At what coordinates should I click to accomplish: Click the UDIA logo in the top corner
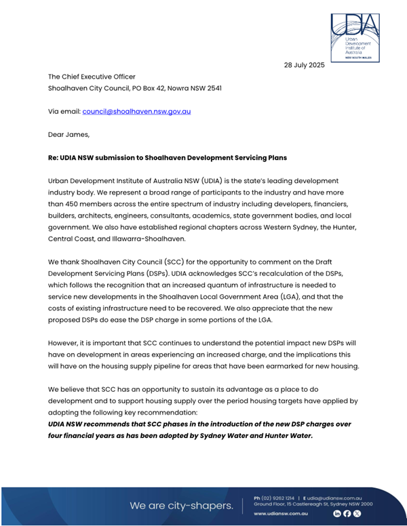point(355,37)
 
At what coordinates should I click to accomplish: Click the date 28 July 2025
point(305,66)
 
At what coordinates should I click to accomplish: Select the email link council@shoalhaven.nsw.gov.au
point(136,110)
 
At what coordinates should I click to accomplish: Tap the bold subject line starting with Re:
point(167,158)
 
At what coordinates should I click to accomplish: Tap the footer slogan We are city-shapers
point(181,506)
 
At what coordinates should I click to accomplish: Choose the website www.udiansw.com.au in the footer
point(281,514)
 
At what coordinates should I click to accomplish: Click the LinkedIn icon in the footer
point(336,514)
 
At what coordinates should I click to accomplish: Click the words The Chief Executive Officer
point(92,77)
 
